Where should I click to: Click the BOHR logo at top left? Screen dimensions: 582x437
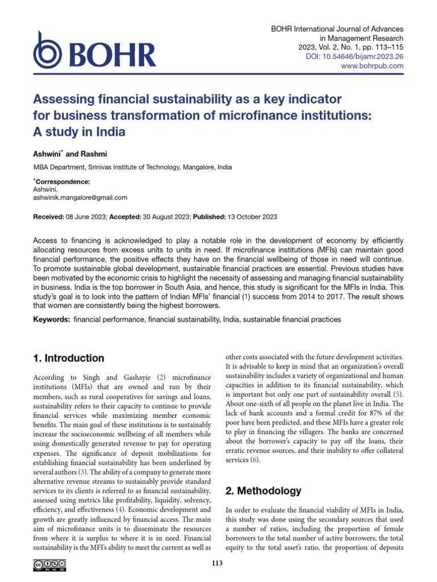[x=94, y=55]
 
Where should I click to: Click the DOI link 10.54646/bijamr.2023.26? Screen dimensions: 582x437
[x=370, y=56]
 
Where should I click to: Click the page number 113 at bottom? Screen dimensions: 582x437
[x=217, y=563]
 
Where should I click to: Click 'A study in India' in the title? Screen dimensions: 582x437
[x=79, y=132]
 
